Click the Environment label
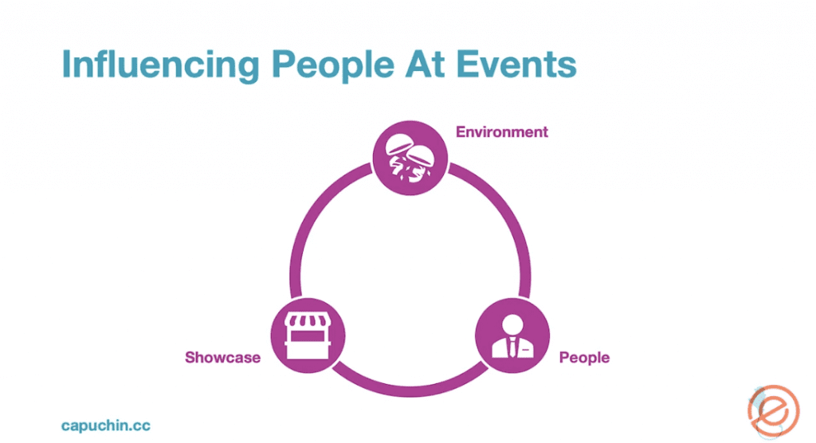(502, 132)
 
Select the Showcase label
(222, 358)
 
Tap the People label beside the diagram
(584, 358)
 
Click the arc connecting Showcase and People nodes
(410, 386)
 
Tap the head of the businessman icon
(512, 323)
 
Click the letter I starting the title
(67, 65)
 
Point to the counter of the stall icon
(308, 345)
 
